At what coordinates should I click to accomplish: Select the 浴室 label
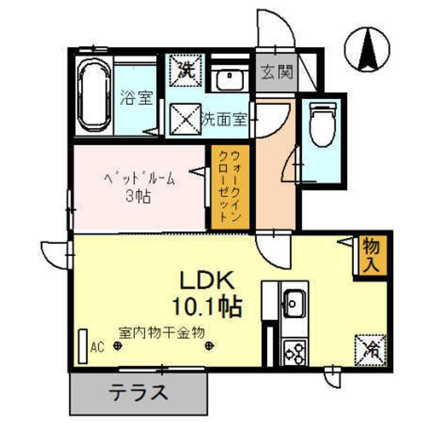[x=136, y=98]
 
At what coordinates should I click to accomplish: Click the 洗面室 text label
[x=224, y=119]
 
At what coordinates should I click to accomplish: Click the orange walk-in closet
[x=230, y=187]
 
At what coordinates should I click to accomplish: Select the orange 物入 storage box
[x=371, y=253]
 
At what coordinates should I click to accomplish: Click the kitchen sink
[x=291, y=304]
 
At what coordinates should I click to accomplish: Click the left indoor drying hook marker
[x=118, y=347]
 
